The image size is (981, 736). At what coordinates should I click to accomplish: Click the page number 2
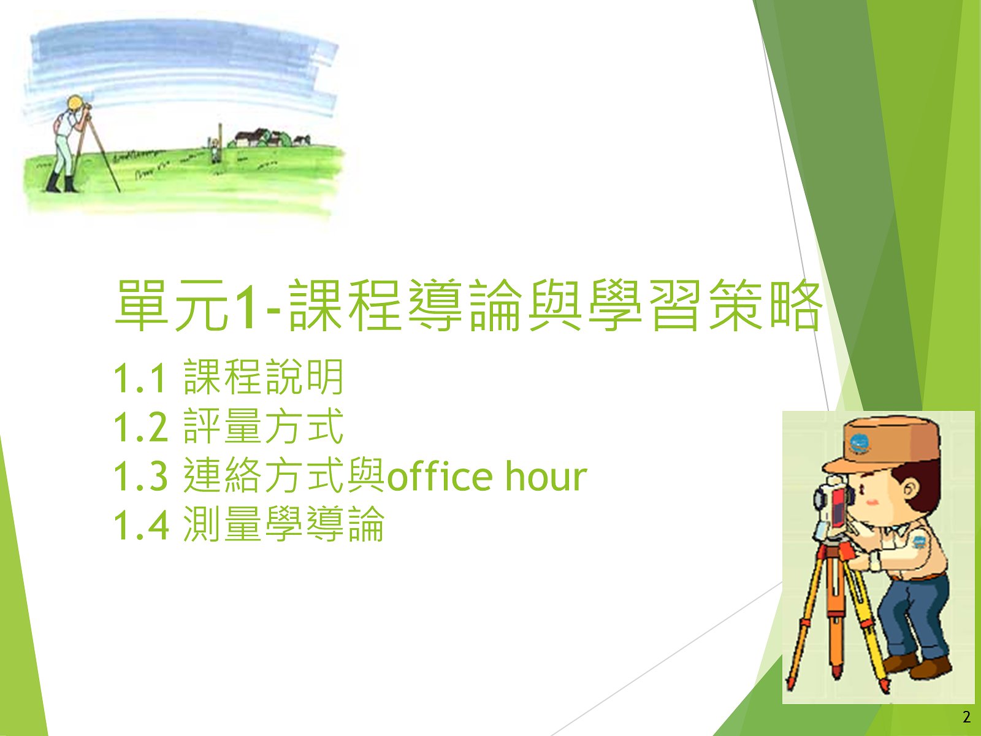coord(967,718)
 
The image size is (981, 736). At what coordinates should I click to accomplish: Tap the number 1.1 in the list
coord(140,378)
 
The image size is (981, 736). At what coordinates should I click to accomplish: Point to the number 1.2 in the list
coord(141,427)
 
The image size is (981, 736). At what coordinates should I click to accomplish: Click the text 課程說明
coord(263,377)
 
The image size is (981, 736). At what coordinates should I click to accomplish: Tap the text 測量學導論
coord(284,524)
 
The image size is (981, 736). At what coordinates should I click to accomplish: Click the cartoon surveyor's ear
coord(912,491)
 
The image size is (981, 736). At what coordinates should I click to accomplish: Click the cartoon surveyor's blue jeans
coord(912,619)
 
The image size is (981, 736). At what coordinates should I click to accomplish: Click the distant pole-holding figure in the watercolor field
coord(215,150)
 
